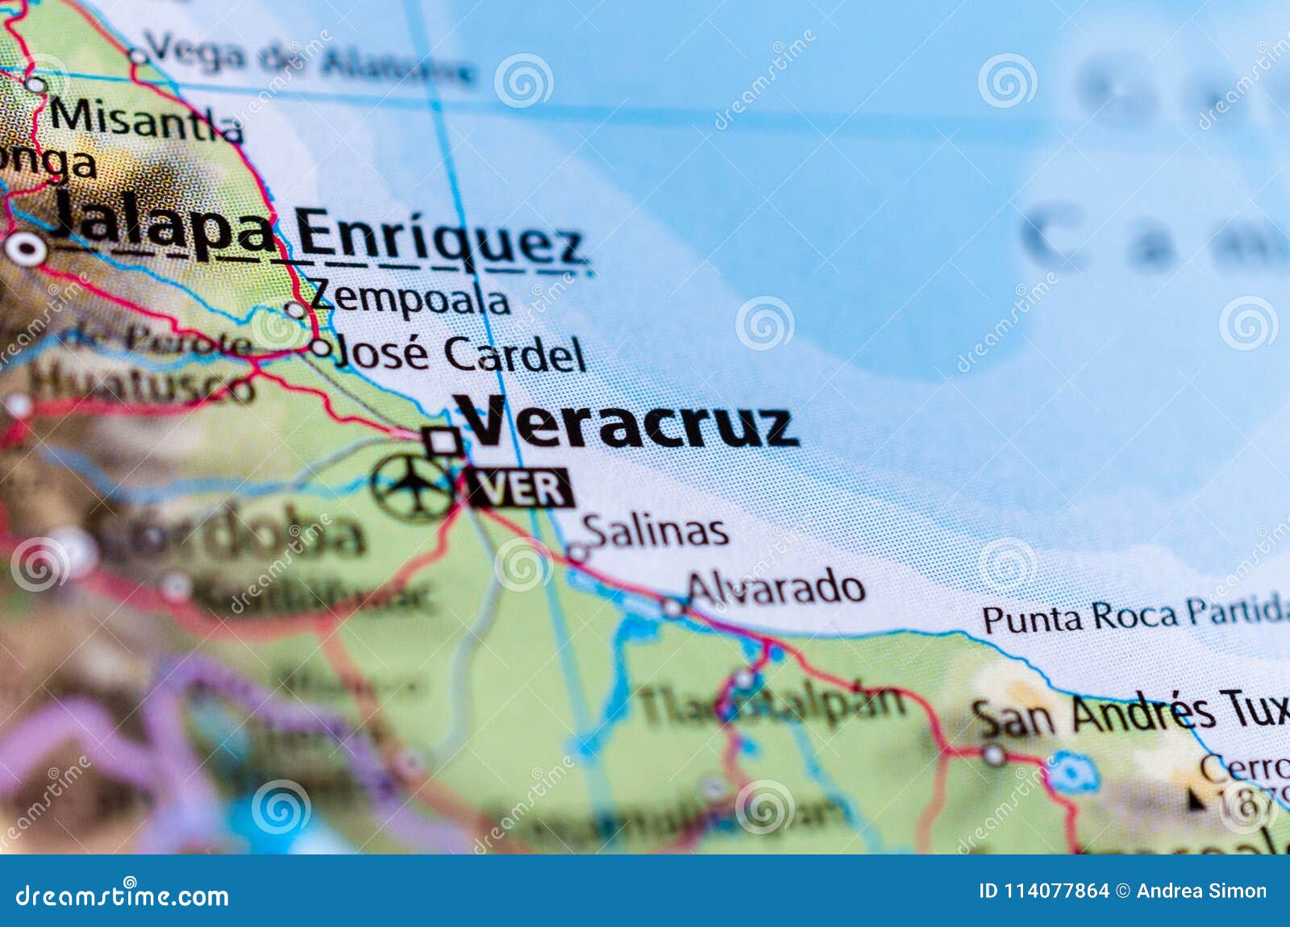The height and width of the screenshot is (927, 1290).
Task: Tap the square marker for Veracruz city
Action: (443, 441)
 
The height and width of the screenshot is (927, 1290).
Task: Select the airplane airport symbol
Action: (414, 486)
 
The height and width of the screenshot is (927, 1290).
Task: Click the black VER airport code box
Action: (521, 488)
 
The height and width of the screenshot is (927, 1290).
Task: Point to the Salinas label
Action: (655, 530)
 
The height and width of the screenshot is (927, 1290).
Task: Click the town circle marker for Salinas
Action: (577, 553)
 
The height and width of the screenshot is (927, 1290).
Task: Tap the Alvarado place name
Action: (776, 588)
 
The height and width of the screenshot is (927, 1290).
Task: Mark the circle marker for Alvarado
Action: (672, 608)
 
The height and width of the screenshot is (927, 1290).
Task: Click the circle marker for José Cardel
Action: (321, 347)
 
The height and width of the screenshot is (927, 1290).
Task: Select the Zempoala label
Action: (410, 300)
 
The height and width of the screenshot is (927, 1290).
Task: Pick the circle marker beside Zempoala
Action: (296, 310)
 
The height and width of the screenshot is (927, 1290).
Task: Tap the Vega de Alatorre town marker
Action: (139, 56)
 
